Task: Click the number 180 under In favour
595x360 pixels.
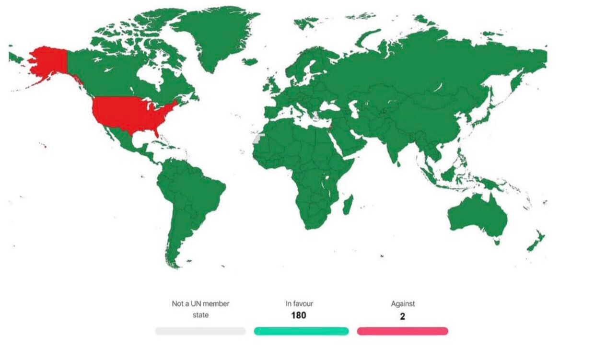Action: coord(298,315)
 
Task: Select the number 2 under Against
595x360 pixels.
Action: coord(403,316)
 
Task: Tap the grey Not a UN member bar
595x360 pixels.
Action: coord(200,331)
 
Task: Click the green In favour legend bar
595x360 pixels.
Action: coord(301,331)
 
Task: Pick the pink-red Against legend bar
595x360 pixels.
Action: coord(403,331)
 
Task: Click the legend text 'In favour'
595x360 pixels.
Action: coord(299,303)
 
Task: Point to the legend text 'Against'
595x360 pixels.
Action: coord(403,303)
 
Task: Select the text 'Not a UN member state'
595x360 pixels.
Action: coord(200,309)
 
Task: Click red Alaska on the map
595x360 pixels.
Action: coord(48,62)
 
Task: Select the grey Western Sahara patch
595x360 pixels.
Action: coord(259,139)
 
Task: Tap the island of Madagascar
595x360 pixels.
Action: coord(348,203)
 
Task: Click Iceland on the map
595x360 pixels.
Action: coord(250,62)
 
